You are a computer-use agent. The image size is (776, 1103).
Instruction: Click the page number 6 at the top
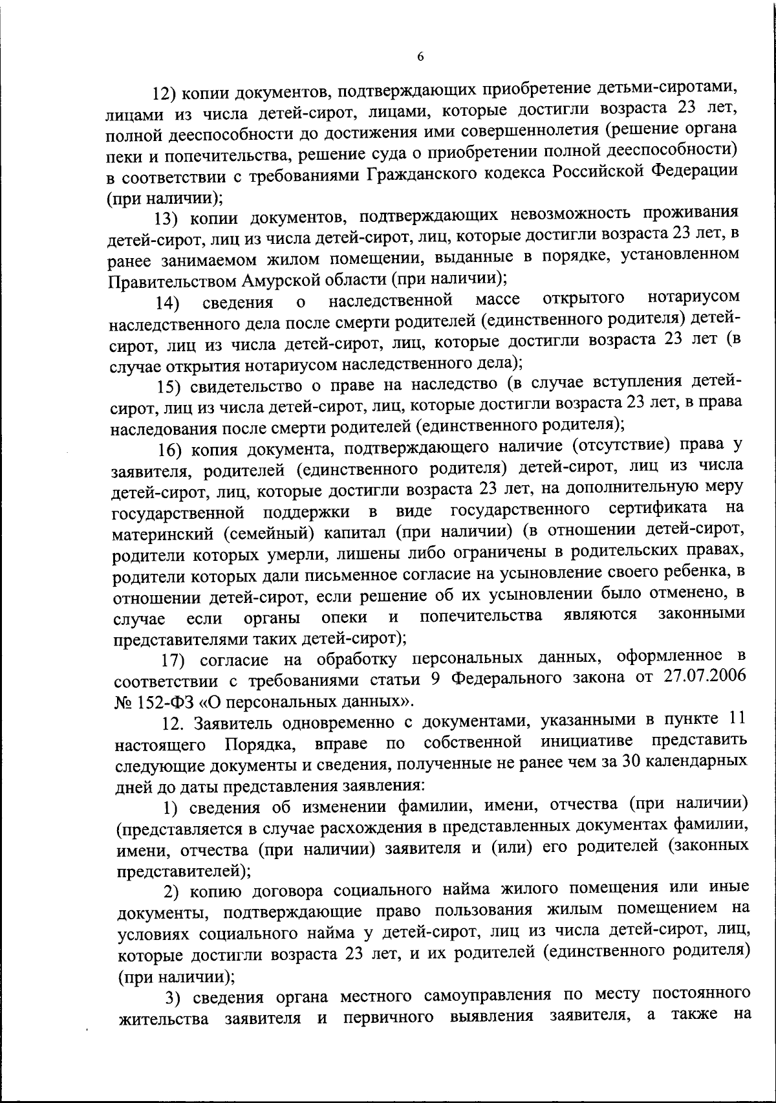pos(420,57)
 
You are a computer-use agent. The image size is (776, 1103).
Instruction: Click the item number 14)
pos(168,303)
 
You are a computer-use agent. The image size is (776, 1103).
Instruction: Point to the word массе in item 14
pos(498,300)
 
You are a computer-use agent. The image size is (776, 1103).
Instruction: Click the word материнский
pos(164,534)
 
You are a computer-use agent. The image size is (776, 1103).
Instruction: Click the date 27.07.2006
pos(704,677)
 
